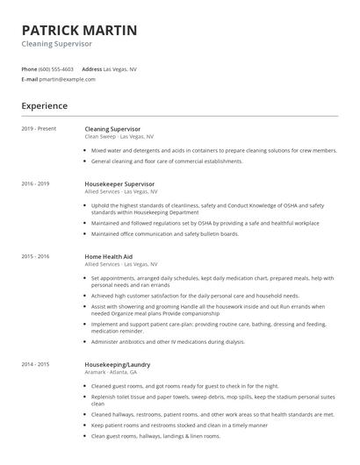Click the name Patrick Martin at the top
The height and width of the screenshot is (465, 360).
79,31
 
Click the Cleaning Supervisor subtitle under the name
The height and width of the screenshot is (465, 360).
56,44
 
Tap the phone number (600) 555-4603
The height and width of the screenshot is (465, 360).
56,68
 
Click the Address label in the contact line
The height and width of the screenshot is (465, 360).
91,68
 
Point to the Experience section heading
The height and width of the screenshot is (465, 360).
44,106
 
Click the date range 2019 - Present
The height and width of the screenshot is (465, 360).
39,129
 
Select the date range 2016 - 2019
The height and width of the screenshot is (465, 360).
35,183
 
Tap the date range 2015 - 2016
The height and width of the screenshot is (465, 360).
35,256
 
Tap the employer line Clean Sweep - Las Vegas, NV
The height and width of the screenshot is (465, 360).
119,137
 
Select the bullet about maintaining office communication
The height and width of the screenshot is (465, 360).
164,233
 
